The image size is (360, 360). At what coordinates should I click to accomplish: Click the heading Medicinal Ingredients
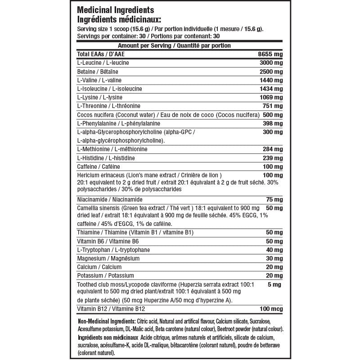(x=116, y=10)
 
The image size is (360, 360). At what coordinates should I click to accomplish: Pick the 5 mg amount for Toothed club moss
(x=276, y=284)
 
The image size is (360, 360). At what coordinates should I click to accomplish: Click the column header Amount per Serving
(x=144, y=46)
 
